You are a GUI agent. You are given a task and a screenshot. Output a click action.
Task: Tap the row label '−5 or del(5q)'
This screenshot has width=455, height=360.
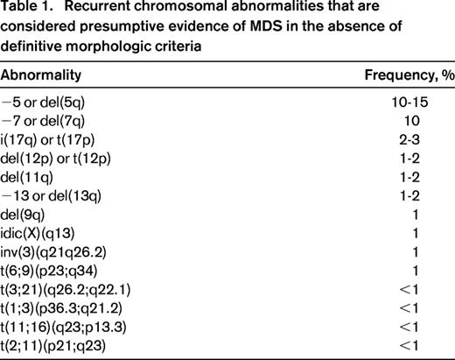tap(48, 103)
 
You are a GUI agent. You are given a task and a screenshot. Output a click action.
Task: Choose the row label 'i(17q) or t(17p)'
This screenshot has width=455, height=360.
tap(54, 142)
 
